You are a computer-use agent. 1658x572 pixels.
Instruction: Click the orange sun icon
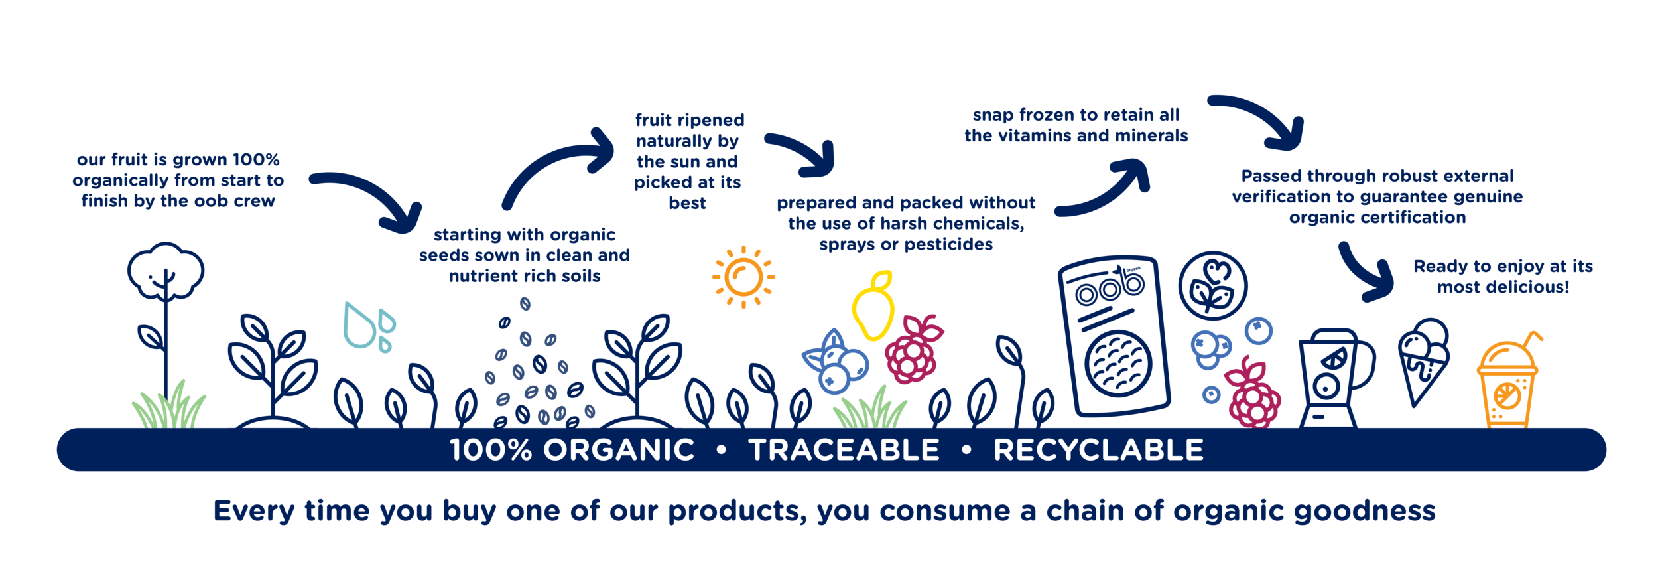click(743, 277)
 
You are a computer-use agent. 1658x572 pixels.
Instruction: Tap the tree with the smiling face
click(165, 272)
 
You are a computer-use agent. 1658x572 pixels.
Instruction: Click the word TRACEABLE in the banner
click(844, 450)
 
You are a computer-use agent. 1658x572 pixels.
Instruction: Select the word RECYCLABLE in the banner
click(1098, 450)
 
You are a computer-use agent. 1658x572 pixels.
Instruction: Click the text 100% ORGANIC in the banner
click(572, 450)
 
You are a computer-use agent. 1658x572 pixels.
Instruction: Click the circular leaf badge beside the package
click(1212, 286)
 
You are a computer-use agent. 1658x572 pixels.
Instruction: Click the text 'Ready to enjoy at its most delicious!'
click(1503, 277)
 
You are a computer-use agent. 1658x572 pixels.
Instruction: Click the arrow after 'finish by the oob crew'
click(371, 199)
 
